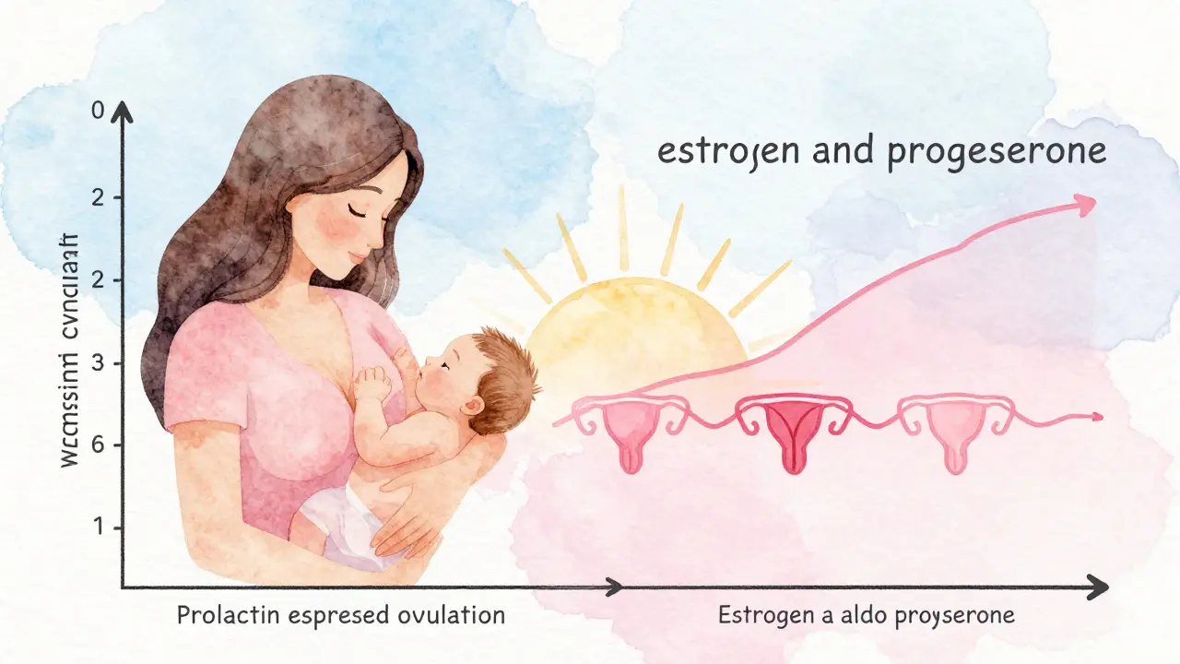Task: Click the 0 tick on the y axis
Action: pyautogui.click(x=99, y=111)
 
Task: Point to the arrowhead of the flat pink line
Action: pyautogui.click(x=1096, y=417)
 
